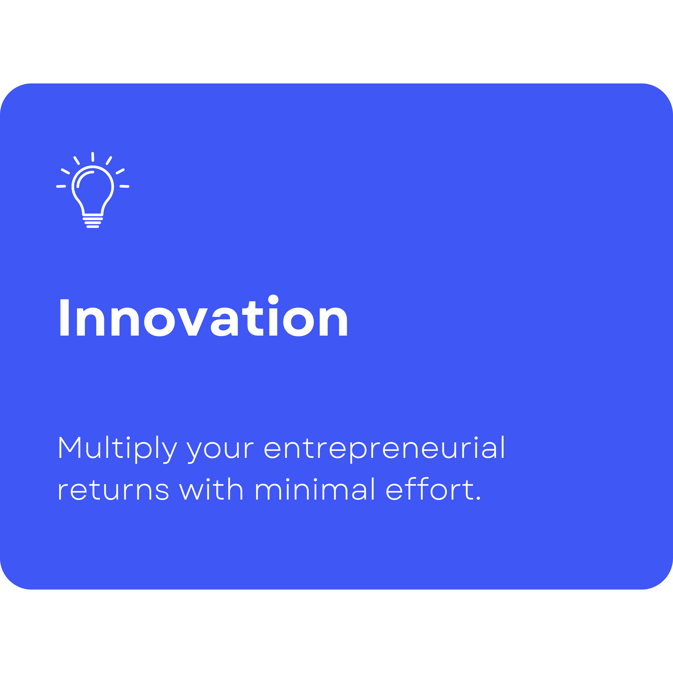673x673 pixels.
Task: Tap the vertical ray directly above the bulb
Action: click(93, 157)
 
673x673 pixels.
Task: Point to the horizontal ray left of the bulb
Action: click(61, 186)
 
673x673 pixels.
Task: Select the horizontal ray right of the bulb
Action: click(124, 186)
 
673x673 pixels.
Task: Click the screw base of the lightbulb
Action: click(93, 223)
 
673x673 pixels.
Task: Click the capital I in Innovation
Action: click(64, 317)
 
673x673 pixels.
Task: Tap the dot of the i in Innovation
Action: click(273, 299)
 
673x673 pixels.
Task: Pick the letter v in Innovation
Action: click(193, 322)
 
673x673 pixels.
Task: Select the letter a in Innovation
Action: click(224, 322)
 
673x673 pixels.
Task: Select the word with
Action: click(211, 489)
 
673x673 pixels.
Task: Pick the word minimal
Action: click(315, 489)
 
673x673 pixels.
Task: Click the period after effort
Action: click(478, 498)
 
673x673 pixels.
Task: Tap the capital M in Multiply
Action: click(70, 447)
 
